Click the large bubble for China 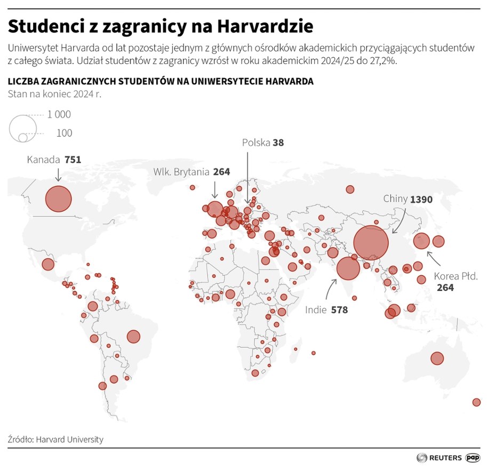pyautogui.click(x=371, y=243)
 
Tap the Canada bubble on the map pyautogui.click(x=58, y=199)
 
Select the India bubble pyautogui.click(x=347, y=268)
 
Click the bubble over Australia pyautogui.click(x=437, y=359)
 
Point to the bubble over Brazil pyautogui.click(x=133, y=337)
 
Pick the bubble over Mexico pyautogui.click(x=48, y=264)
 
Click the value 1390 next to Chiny pyautogui.click(x=421, y=199)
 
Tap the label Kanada pyautogui.click(x=43, y=159)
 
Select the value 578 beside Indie pyautogui.click(x=339, y=309)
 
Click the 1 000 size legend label pyautogui.click(x=59, y=114)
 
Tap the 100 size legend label pyautogui.click(x=64, y=133)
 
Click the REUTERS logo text pyautogui.click(x=444, y=457)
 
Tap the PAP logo pyautogui.click(x=473, y=457)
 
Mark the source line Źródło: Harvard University pyautogui.click(x=55, y=440)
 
